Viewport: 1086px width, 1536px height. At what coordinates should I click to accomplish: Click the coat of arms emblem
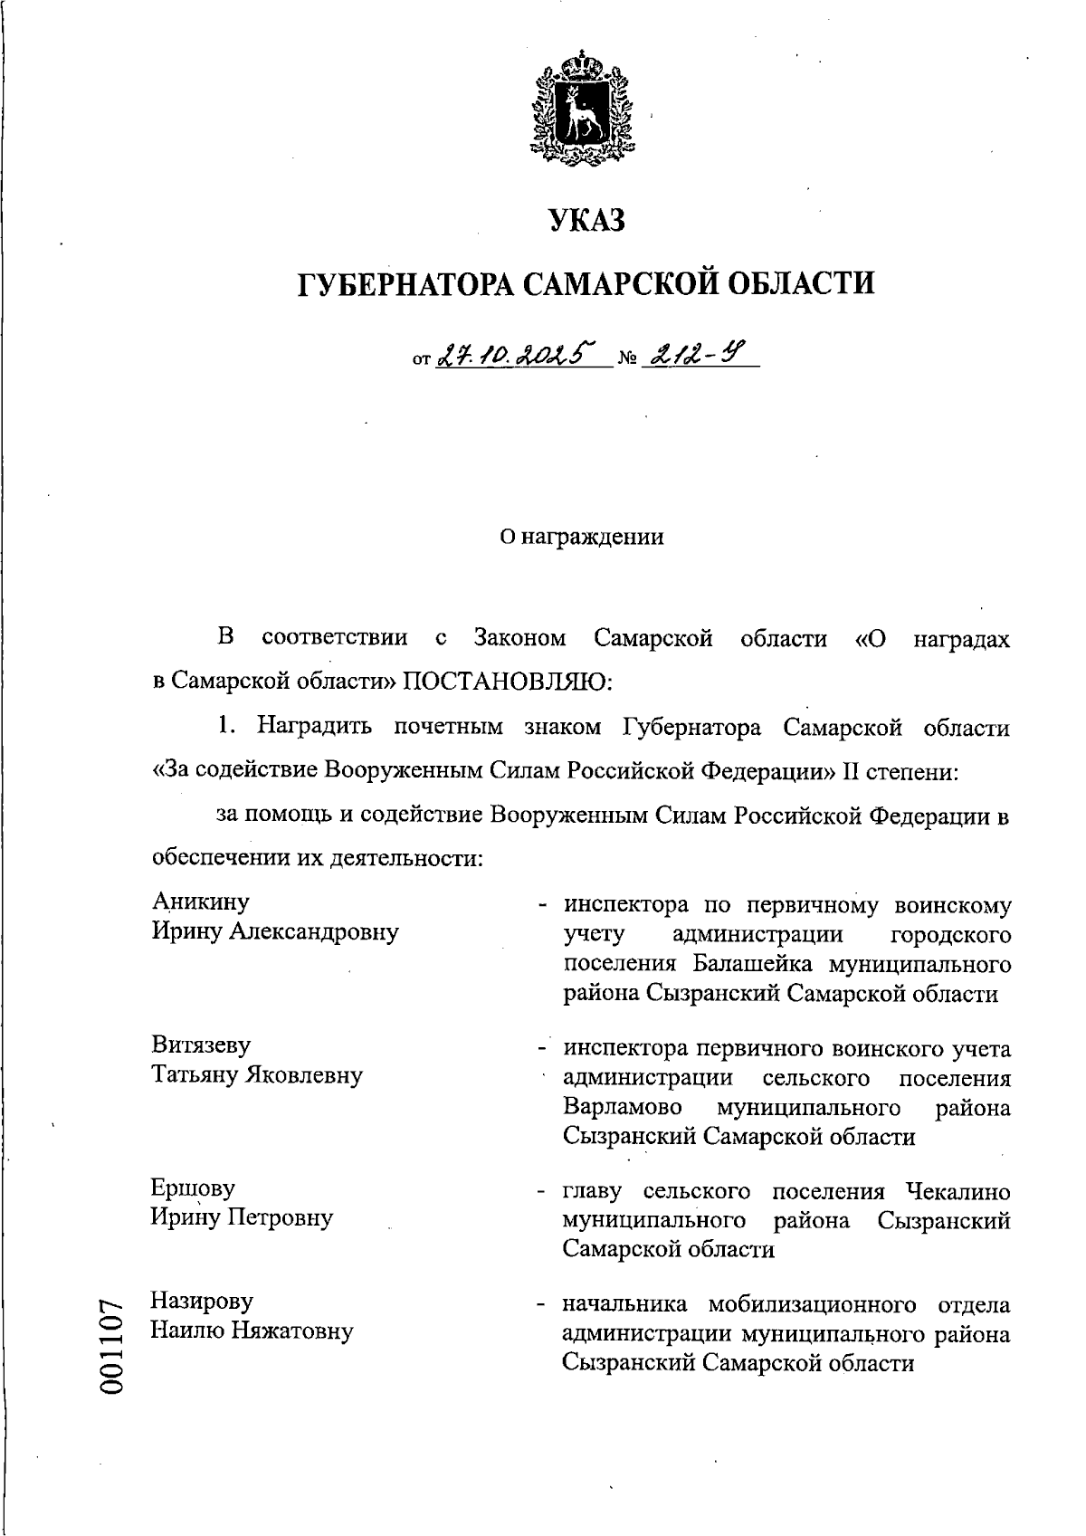pos(580,109)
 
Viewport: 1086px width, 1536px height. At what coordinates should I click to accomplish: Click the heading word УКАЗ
pos(586,220)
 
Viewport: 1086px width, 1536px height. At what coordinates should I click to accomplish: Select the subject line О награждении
pos(583,538)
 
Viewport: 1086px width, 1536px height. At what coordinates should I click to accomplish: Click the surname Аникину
pos(201,902)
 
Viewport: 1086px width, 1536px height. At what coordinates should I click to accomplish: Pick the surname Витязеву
pos(201,1045)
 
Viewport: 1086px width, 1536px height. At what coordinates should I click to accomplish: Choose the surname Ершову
pos(194,1188)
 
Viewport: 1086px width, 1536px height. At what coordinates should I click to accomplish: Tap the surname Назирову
pos(202,1302)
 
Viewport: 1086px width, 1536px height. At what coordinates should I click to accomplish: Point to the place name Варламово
pos(624,1107)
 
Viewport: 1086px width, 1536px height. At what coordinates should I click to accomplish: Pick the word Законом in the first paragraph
pos(520,638)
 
